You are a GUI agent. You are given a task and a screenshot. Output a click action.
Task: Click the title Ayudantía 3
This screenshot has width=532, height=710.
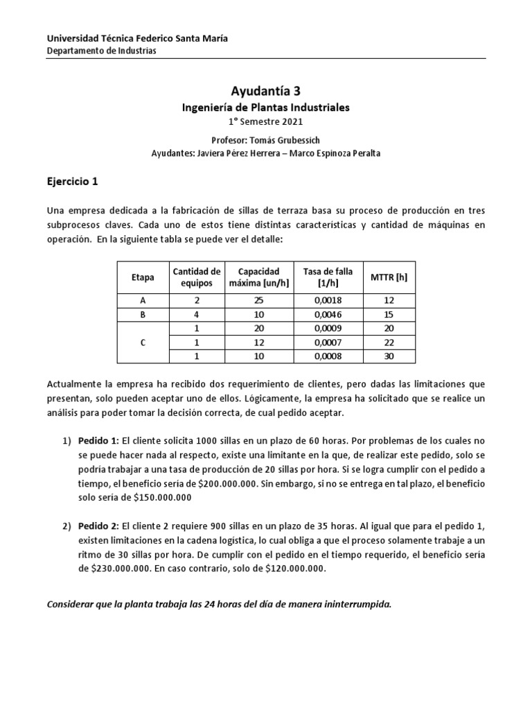pyautogui.click(x=265, y=90)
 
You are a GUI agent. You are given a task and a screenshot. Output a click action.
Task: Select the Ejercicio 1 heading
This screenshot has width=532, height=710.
pyautogui.click(x=73, y=182)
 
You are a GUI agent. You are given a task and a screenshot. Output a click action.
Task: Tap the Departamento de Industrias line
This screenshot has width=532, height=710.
pyautogui.click(x=101, y=51)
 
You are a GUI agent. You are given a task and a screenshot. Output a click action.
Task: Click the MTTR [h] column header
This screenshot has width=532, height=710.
pyautogui.click(x=389, y=277)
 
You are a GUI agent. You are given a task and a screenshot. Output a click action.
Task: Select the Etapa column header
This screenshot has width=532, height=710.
pyautogui.click(x=143, y=277)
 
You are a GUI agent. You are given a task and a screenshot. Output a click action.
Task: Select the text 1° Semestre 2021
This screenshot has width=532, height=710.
pyautogui.click(x=266, y=121)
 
